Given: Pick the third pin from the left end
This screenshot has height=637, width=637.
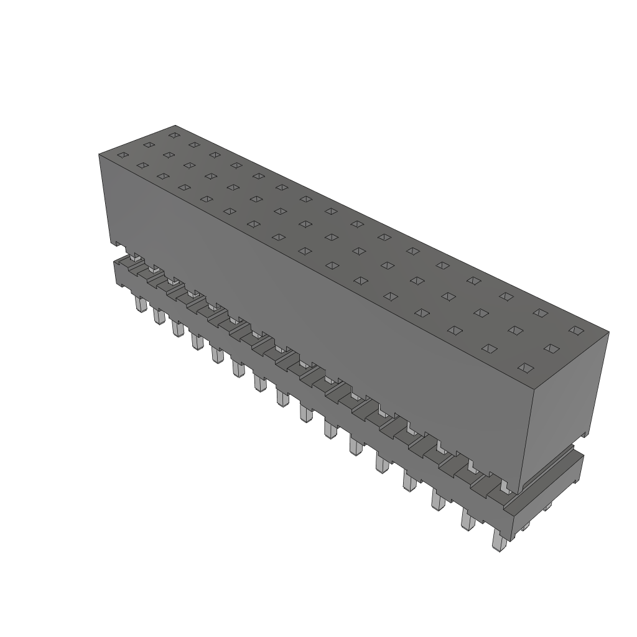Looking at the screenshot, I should (x=177, y=327).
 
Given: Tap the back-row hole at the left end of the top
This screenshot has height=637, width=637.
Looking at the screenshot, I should (x=174, y=134).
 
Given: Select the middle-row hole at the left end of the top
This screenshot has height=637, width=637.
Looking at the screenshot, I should (x=149, y=145).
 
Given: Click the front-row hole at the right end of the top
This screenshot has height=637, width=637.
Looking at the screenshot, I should (x=526, y=368).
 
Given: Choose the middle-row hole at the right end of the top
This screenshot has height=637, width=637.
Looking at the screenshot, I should (x=551, y=348).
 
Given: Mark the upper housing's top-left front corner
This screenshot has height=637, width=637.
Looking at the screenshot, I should (x=100, y=153).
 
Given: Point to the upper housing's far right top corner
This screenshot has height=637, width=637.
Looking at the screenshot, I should (x=608, y=332).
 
